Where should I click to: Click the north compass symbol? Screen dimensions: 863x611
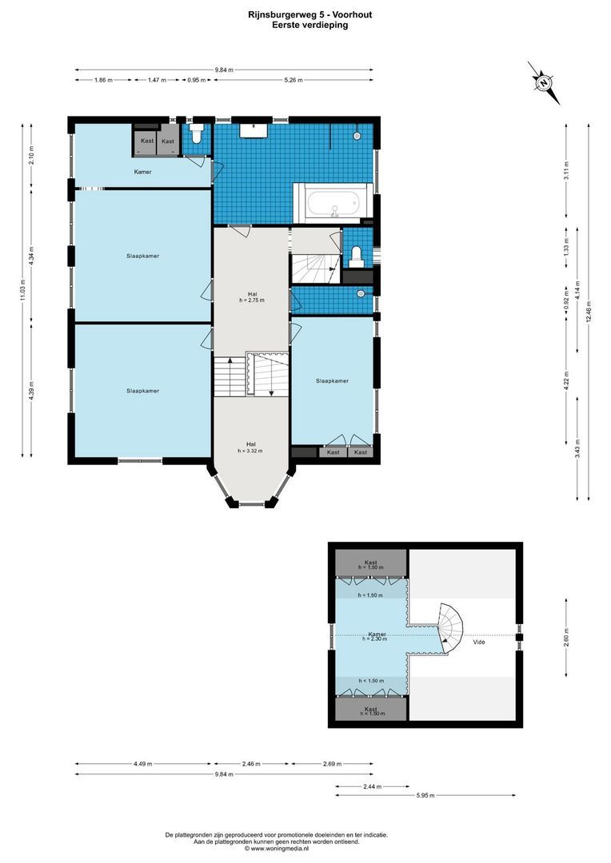(543, 82)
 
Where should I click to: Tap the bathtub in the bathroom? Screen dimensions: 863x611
(333, 201)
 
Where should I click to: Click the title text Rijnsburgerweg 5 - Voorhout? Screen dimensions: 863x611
(305, 14)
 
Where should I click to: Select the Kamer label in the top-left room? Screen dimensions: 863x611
(142, 172)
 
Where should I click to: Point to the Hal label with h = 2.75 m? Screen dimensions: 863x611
(251, 296)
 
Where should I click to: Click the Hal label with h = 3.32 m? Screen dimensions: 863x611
(250, 447)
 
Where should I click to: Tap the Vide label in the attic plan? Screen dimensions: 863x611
(479, 642)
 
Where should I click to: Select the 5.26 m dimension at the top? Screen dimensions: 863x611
(294, 80)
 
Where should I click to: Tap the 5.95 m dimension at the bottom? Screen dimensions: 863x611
(425, 795)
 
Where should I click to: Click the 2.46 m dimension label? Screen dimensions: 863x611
(251, 764)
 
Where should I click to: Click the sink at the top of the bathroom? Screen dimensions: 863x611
(254, 128)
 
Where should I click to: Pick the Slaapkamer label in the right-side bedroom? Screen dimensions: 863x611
(332, 381)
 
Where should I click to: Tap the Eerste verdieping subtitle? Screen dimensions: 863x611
(305, 25)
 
